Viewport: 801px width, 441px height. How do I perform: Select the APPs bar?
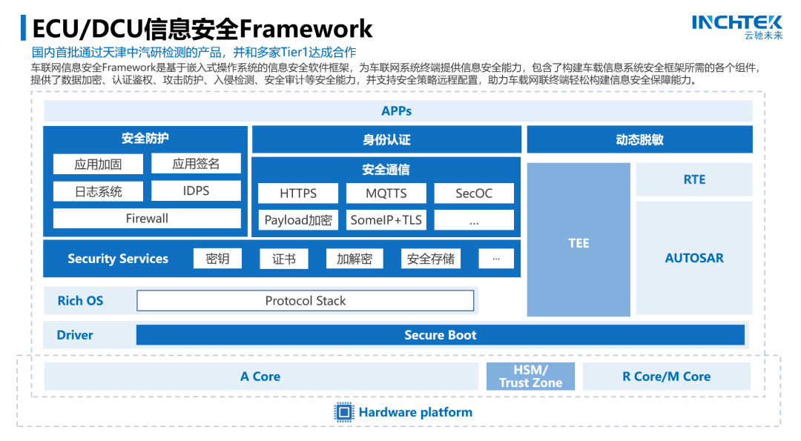click(398, 111)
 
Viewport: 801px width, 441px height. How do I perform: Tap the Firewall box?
click(147, 219)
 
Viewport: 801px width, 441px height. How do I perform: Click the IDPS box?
click(196, 191)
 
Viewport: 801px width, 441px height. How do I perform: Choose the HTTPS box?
click(298, 193)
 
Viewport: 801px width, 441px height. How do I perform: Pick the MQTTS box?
click(386, 193)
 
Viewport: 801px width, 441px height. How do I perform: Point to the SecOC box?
click(474, 193)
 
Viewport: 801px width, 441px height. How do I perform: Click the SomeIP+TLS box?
click(386, 220)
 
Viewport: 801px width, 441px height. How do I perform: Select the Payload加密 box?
click(298, 220)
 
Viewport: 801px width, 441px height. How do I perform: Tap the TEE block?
click(578, 243)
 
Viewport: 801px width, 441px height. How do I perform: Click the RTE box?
click(694, 180)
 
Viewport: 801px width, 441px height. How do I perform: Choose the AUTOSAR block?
click(694, 258)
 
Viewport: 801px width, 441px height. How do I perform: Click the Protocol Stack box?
click(306, 301)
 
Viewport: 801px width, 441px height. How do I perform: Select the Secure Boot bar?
click(440, 335)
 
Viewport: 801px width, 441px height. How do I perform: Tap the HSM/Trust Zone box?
click(530, 377)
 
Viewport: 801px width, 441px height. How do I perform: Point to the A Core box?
click(260, 377)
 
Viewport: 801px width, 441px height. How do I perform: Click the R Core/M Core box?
click(666, 377)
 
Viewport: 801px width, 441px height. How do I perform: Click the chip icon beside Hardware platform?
click(344, 413)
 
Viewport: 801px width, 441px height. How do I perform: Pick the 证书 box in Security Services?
click(283, 259)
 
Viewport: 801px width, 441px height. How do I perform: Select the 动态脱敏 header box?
click(639, 140)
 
